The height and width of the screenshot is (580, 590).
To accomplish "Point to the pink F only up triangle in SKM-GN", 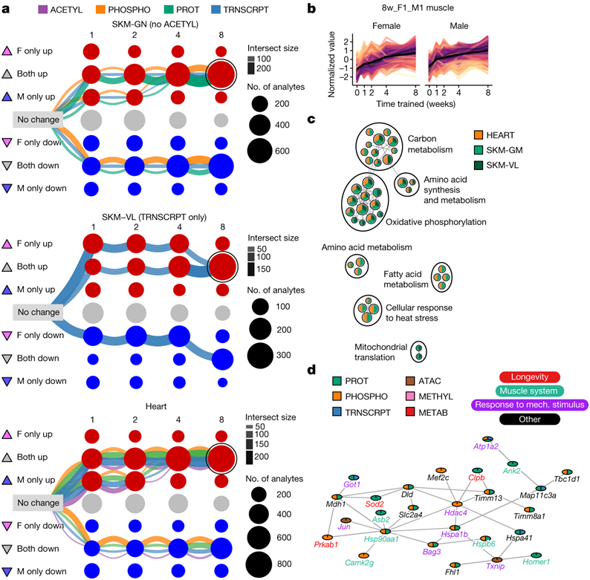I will [x=7, y=51].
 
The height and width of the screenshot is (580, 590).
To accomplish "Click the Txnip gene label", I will [x=495, y=566].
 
